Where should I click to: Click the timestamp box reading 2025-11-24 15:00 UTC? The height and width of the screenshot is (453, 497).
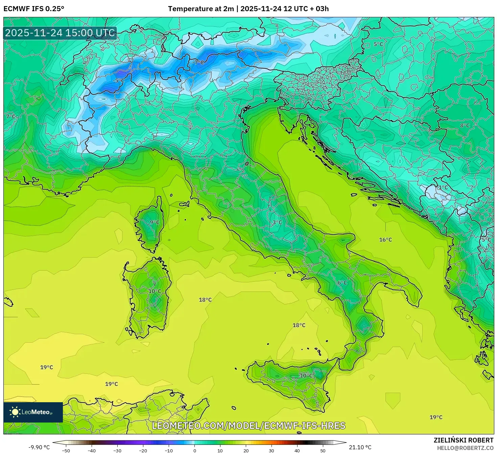[x=60, y=33]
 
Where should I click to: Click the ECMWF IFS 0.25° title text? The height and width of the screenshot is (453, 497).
[x=33, y=9]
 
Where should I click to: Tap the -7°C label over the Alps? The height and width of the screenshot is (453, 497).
[x=198, y=62]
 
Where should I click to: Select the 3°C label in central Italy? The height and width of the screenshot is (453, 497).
[x=277, y=222]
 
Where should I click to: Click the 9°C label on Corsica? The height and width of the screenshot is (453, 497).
[x=155, y=222]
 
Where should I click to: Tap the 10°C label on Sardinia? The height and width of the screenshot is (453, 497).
[x=155, y=291]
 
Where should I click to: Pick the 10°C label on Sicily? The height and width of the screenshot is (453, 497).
[x=306, y=375]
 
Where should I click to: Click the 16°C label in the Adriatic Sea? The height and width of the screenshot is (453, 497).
[x=385, y=240]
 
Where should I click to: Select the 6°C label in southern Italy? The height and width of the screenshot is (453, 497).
[x=342, y=283]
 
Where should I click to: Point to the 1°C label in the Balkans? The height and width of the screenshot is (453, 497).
[x=443, y=187]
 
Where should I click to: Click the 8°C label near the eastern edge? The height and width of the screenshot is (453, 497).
[x=465, y=125]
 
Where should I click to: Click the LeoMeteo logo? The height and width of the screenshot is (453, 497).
[x=33, y=412]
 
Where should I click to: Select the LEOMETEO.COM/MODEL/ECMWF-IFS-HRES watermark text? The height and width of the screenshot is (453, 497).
[x=249, y=426]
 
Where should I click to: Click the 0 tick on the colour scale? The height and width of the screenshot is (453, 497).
[x=194, y=450]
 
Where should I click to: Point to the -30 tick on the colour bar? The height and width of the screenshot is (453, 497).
[x=117, y=450]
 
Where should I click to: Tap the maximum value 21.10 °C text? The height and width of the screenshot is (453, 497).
[x=360, y=447]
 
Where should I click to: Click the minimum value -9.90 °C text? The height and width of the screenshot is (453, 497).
[x=39, y=447]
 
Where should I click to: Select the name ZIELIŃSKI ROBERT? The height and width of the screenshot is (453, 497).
[x=463, y=440]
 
